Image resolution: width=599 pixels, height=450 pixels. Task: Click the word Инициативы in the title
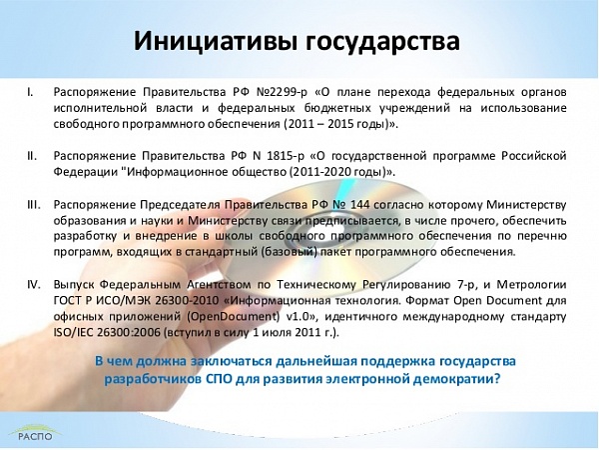215,41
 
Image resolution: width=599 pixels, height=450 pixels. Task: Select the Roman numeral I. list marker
30,92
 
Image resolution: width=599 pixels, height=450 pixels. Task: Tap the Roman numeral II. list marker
32,156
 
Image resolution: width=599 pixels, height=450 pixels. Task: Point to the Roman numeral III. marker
34,205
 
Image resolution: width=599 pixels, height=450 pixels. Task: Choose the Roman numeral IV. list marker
34,285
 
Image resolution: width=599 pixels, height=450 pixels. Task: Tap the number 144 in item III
359,205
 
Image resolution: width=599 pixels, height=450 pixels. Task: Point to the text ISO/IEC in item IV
73,333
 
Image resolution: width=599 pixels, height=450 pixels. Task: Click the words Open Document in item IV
498,301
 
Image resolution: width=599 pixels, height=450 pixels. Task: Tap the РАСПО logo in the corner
35,432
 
